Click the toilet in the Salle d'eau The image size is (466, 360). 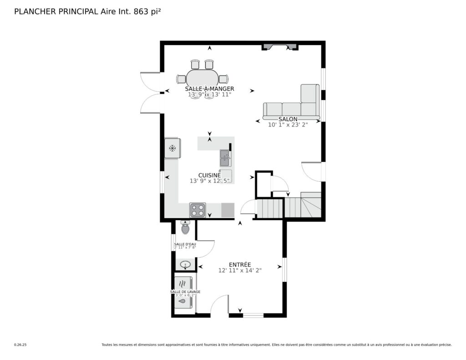click(x=186, y=228)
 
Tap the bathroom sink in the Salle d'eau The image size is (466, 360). click(x=186, y=264)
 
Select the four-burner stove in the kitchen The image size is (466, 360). click(x=198, y=210)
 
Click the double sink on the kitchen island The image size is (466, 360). click(x=225, y=158)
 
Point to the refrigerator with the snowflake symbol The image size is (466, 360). click(x=172, y=148)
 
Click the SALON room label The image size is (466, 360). click(x=288, y=119)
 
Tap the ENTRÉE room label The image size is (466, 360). click(x=240, y=264)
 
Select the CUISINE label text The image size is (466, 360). click(x=209, y=175)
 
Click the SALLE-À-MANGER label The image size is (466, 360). click(x=209, y=89)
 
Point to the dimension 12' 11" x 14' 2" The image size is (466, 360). click(x=240, y=270)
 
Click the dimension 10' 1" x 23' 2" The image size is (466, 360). click(x=288, y=125)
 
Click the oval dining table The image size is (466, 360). click(x=203, y=79)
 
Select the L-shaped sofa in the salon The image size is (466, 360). click(x=291, y=102)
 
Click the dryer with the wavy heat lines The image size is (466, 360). click(x=183, y=283)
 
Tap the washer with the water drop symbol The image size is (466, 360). click(x=183, y=301)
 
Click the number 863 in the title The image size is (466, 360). click(x=141, y=11)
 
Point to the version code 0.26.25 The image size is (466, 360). click(x=20, y=345)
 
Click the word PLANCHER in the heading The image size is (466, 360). click(x=35, y=11)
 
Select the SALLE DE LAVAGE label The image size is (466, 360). click(x=185, y=292)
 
